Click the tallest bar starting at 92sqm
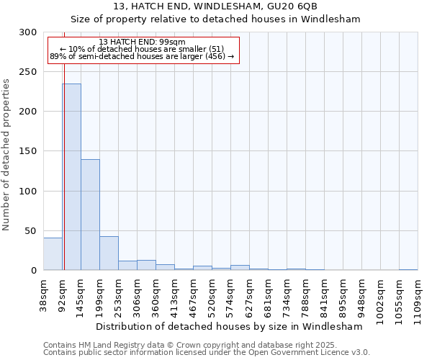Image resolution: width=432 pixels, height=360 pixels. click(x=71, y=177)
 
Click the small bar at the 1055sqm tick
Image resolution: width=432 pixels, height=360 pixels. click(x=408, y=269)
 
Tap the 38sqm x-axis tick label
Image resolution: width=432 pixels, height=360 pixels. click(x=44, y=295)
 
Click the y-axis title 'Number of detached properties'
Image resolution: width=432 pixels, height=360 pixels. click(x=6, y=155)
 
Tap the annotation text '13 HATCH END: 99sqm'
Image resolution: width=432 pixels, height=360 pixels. click(x=142, y=42)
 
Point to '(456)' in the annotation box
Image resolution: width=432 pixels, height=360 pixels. click(x=215, y=56)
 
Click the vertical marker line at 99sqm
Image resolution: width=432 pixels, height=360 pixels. click(x=64, y=144)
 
